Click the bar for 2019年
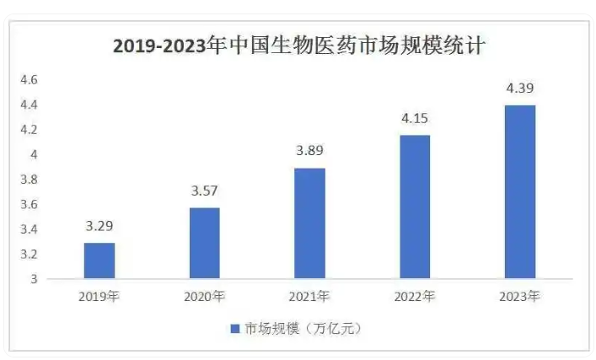[x=99, y=261]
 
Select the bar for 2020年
[x=204, y=243]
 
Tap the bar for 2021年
[x=309, y=223]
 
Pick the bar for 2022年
[x=414, y=207]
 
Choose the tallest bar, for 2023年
[x=519, y=191]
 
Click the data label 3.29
[x=99, y=226]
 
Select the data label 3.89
[x=309, y=151]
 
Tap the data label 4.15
[x=414, y=118]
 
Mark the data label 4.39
[x=519, y=88]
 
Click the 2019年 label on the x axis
[x=99, y=296]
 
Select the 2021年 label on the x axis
[x=309, y=296]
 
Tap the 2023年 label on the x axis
[x=519, y=296]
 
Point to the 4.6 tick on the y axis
[x=30, y=80]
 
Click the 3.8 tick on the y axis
[x=30, y=180]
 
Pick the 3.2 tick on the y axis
[x=30, y=254]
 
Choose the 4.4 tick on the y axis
[x=30, y=105]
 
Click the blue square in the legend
[x=235, y=329]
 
